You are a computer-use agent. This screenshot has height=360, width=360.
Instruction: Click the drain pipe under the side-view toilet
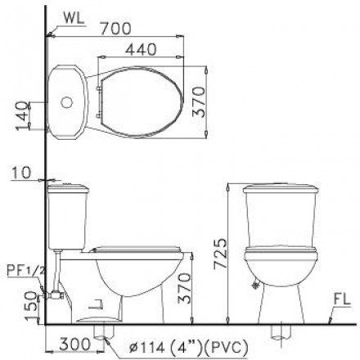pyautogui.click(x=105, y=331)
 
